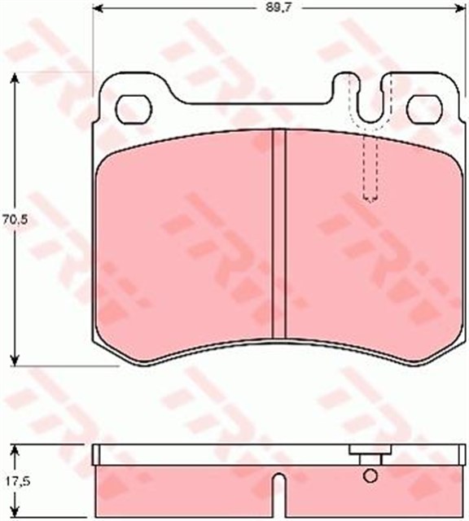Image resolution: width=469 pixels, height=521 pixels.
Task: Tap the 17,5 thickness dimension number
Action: pos(10,480)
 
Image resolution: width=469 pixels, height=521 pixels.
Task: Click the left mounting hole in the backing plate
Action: pos(134,107)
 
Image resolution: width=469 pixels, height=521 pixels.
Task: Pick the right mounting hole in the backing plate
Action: pos(423,107)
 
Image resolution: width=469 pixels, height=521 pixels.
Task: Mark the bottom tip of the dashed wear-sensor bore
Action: pos(371,199)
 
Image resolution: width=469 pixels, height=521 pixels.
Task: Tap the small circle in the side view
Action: pos(370,476)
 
